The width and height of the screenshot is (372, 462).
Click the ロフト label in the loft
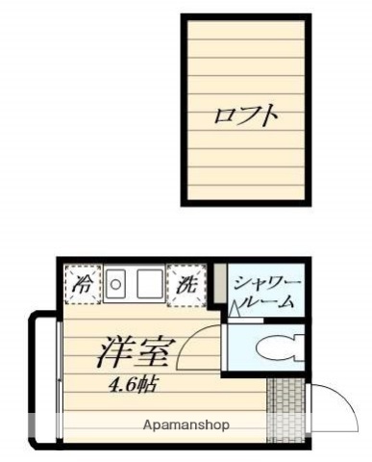click(x=246, y=116)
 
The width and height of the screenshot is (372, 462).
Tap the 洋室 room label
click(x=135, y=352)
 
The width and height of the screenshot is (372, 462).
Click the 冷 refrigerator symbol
click(x=85, y=283)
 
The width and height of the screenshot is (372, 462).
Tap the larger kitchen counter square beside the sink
click(x=148, y=283)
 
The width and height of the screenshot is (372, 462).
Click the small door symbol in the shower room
click(x=235, y=309)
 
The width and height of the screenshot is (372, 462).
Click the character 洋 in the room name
click(x=114, y=352)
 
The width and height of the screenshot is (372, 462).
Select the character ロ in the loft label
click(x=222, y=116)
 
